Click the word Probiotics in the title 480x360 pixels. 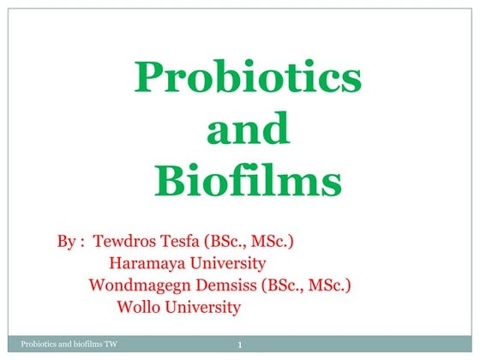[248, 80]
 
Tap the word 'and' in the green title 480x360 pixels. [249, 130]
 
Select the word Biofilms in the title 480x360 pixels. [248, 181]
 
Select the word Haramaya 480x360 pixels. [146, 263]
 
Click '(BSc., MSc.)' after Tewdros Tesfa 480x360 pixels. [259, 243]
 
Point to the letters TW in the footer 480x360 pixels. [110, 345]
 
